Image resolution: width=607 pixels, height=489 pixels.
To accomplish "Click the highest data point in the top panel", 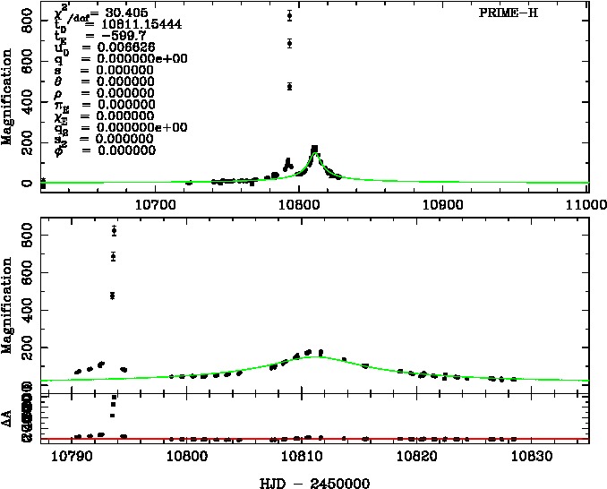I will tap(289, 15).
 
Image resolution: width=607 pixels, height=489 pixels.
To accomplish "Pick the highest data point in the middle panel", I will tap(114, 230).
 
